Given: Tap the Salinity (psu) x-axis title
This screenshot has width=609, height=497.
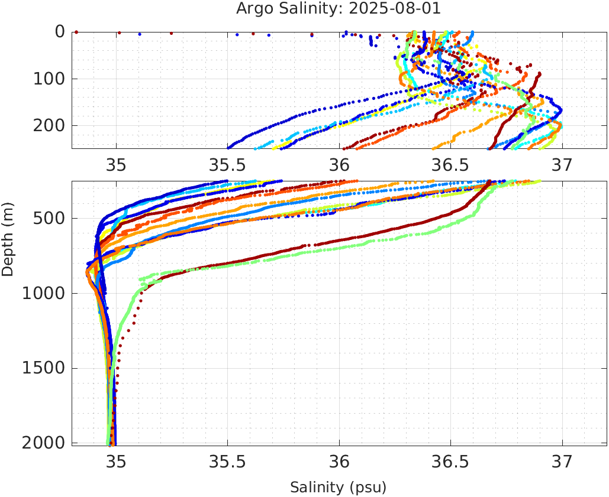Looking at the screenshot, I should [x=338, y=488].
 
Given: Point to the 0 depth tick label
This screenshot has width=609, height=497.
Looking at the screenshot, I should [x=60, y=32].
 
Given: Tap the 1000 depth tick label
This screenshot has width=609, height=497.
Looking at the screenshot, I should [x=41, y=294].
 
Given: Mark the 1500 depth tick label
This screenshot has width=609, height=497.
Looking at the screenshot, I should [x=41, y=368].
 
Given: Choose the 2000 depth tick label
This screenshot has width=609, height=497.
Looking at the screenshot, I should [x=41, y=443].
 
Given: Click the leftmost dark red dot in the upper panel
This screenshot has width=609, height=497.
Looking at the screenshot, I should [x=76, y=32].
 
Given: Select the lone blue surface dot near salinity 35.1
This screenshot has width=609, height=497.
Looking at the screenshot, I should [x=140, y=34].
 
